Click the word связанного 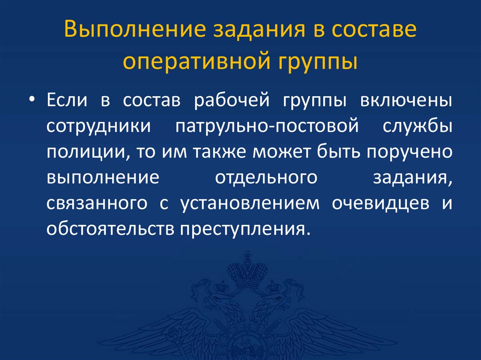93,204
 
